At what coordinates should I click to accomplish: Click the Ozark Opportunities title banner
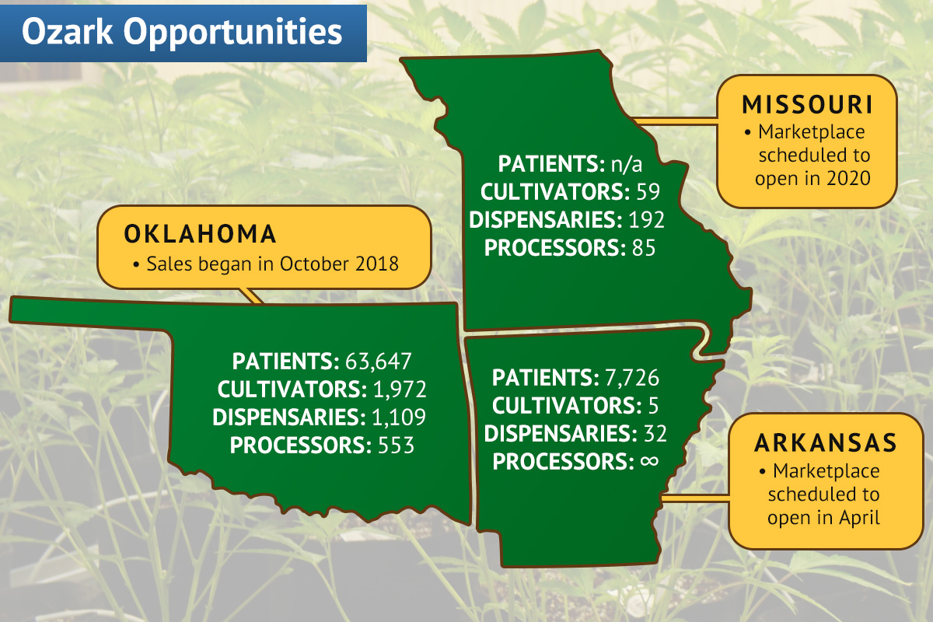(182, 32)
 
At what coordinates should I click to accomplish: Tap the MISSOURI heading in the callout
(806, 104)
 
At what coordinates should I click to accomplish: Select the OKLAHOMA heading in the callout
(201, 233)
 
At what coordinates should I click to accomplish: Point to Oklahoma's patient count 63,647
(378, 362)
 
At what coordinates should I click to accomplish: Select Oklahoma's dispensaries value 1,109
(398, 418)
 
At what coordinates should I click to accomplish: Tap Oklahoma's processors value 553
(395, 446)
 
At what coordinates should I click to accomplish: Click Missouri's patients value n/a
(631, 164)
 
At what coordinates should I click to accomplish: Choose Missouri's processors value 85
(643, 248)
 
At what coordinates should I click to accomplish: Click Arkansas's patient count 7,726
(631, 378)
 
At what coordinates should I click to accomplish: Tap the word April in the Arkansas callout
(858, 518)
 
